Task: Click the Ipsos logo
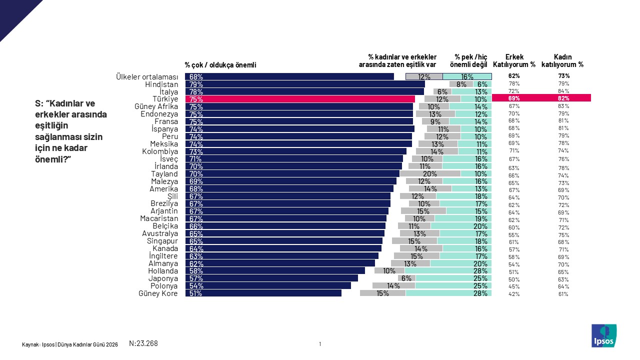[x=604, y=335]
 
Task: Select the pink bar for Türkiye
[x=299, y=99]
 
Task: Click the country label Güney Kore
[x=158, y=293]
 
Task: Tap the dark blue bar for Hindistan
[x=304, y=84]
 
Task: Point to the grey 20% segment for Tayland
[x=430, y=174]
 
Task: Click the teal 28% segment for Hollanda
[x=448, y=271]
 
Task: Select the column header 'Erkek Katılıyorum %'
[x=514, y=61]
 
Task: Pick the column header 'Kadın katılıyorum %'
[x=562, y=61]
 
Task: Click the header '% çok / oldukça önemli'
[x=220, y=64]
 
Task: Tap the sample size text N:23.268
[x=143, y=343]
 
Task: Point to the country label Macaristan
[x=159, y=218]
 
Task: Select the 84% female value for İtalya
[x=563, y=91]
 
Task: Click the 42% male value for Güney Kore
[x=513, y=294]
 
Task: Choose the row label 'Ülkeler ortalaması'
[x=146, y=77]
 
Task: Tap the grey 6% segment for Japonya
[x=406, y=278]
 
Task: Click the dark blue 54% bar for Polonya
[x=268, y=286]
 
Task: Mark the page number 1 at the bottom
[x=320, y=343]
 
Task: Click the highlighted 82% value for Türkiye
[x=563, y=98]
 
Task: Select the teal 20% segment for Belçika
[x=461, y=226]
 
